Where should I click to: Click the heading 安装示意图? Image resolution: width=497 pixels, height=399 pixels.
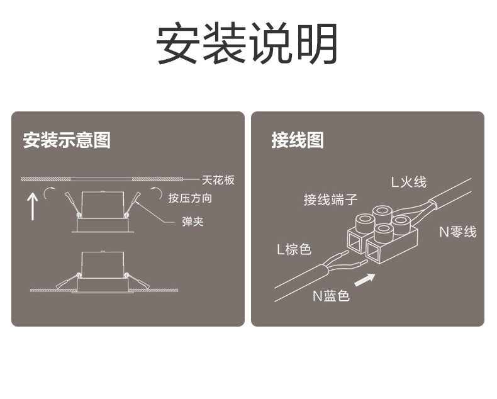67,140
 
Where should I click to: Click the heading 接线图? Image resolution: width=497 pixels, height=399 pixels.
298,140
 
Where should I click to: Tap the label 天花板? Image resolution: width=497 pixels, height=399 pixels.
218,181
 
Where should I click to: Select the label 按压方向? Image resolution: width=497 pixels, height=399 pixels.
190,198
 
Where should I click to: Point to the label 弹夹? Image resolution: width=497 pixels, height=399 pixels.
193,222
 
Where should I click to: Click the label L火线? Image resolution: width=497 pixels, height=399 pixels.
408,183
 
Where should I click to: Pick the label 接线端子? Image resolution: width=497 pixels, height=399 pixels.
331,200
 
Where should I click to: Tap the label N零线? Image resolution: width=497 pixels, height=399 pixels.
457,232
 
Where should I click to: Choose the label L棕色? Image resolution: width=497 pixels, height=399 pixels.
294,249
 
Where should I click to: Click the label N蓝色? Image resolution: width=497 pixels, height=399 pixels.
331,295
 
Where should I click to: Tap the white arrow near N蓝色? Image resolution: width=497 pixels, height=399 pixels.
365,279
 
